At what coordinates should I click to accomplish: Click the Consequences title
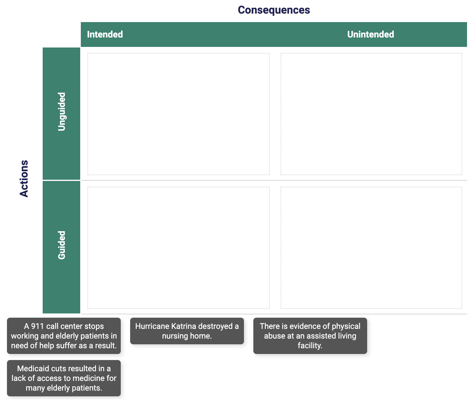[274, 10]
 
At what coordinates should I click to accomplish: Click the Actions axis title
[24, 179]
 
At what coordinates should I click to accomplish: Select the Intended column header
[105, 34]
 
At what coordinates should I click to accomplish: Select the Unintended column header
[370, 34]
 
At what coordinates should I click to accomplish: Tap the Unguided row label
[61, 112]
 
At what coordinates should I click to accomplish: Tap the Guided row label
[61, 245]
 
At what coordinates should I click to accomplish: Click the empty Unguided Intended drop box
[178, 114]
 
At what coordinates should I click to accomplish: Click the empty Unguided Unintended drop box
[371, 114]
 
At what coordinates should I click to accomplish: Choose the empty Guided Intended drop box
[178, 248]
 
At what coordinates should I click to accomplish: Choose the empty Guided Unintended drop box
[371, 248]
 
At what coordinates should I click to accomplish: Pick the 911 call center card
[64, 336]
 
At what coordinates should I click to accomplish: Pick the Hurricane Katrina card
[187, 331]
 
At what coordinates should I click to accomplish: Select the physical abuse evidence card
[310, 336]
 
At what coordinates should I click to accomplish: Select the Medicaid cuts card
[64, 378]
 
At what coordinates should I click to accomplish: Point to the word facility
[310, 346]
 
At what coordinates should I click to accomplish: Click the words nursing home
[187, 336]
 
